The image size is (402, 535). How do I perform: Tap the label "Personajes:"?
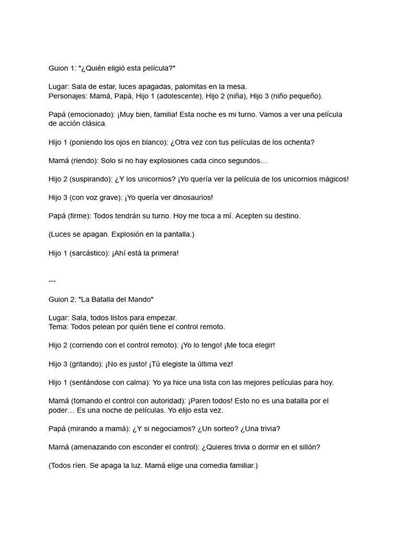coord(68,96)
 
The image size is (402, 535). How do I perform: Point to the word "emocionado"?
coord(92,114)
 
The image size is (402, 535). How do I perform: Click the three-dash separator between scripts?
coord(52,281)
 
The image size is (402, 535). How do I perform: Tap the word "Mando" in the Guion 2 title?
coord(139,299)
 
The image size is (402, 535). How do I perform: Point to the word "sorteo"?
coord(217,428)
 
